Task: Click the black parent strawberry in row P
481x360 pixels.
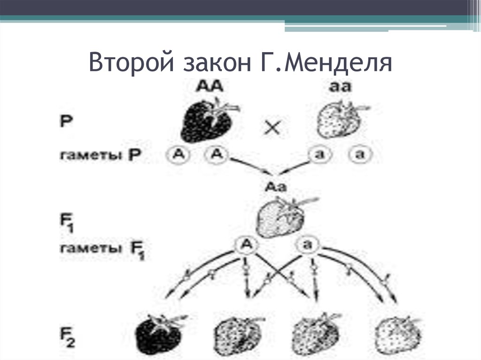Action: click(x=207, y=122)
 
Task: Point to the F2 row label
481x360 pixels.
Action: click(x=69, y=329)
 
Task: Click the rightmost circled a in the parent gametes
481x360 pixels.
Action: click(x=359, y=154)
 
